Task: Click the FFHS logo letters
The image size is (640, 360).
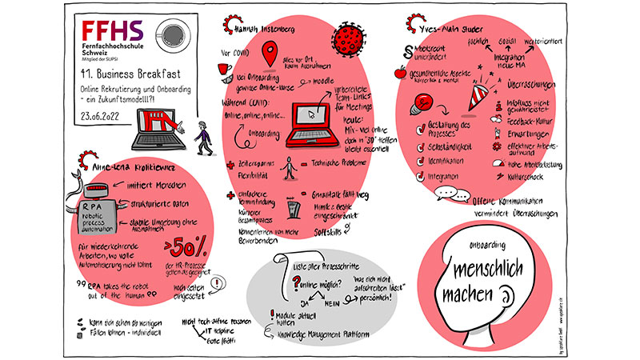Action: (x=112, y=31)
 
